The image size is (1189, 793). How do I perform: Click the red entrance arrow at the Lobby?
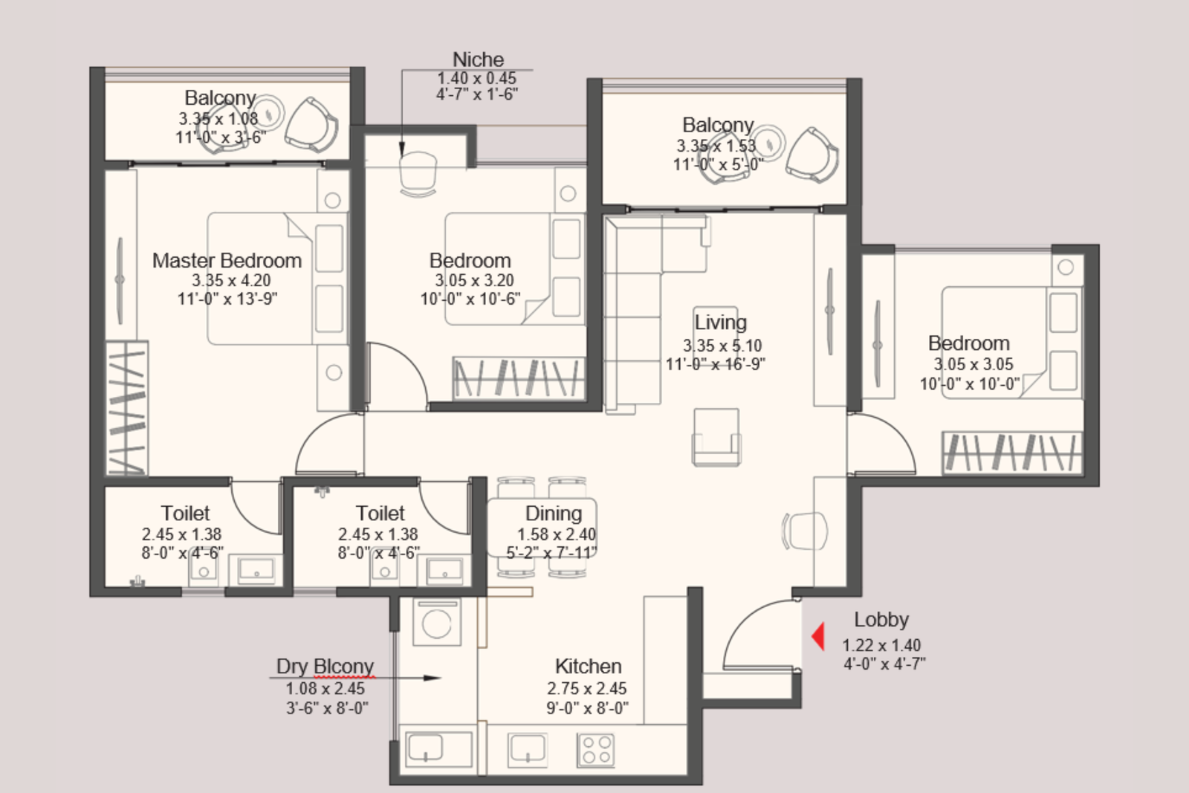818,637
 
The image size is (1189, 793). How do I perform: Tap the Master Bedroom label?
227,261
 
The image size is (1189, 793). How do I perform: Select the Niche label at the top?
478,59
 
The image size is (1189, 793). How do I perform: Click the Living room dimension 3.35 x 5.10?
722,346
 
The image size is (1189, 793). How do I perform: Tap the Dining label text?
553,514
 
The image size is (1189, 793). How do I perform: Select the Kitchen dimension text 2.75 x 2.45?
586,688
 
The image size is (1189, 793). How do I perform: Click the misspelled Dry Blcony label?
325,666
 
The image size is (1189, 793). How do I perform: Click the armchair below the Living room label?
716,438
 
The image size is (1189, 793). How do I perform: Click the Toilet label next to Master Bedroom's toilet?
185,514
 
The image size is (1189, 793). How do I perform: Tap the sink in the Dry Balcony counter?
427,748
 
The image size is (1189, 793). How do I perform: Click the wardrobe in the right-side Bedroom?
1011,452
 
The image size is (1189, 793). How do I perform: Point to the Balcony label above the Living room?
717,125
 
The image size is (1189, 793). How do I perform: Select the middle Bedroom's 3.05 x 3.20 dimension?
474,281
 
